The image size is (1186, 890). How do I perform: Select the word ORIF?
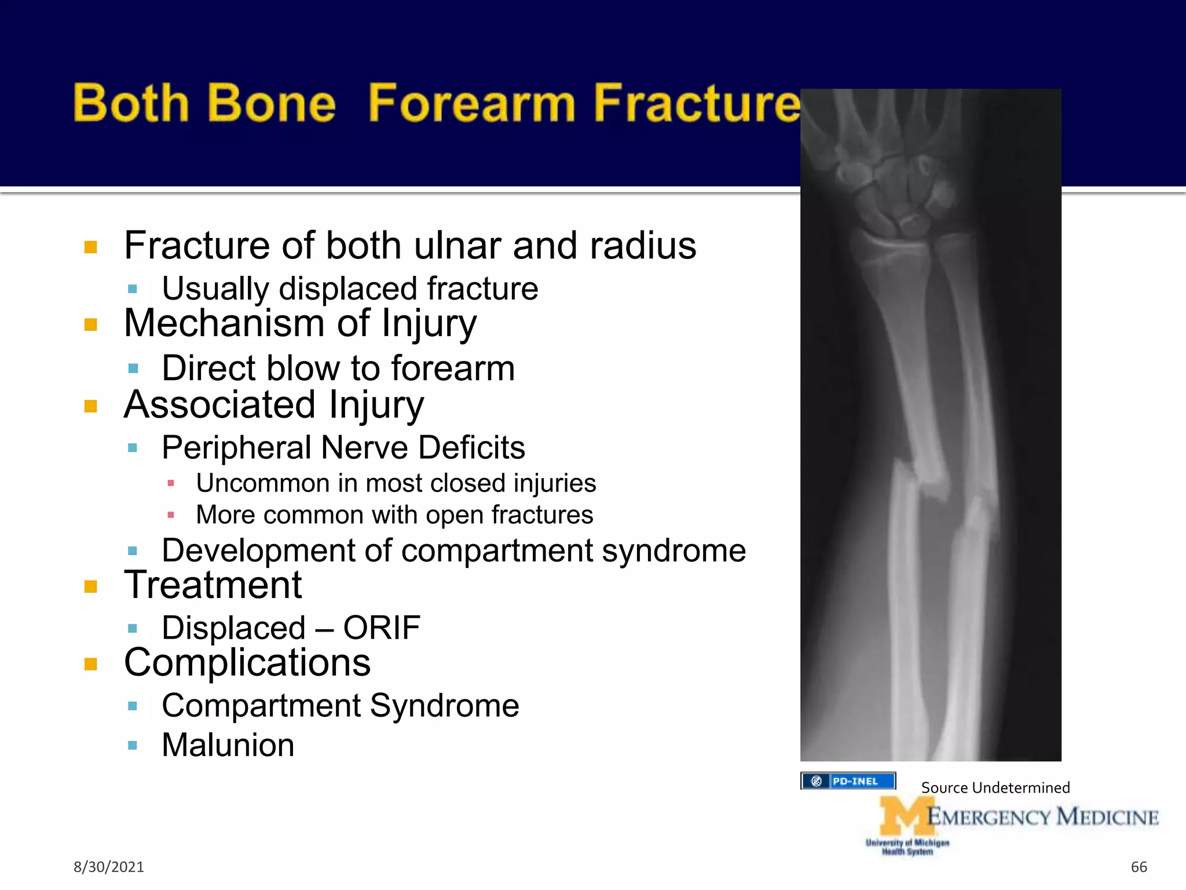pyautogui.click(x=381, y=628)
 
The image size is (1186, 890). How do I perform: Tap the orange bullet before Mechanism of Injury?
pyautogui.click(x=91, y=324)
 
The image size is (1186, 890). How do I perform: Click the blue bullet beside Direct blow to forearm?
pyautogui.click(x=133, y=369)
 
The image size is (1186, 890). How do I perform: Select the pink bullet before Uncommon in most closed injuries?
pyautogui.click(x=171, y=483)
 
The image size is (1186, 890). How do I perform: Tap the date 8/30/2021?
pyautogui.click(x=108, y=867)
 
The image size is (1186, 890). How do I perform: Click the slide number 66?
pyautogui.click(x=1139, y=867)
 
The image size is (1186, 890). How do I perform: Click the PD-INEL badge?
pyautogui.click(x=848, y=781)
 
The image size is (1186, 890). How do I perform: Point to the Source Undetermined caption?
pyautogui.click(x=995, y=788)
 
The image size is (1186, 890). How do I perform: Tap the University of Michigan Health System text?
pyautogui.click(x=907, y=847)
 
